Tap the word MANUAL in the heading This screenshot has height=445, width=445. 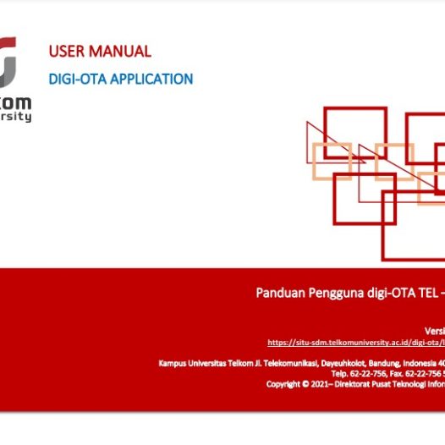(x=121, y=52)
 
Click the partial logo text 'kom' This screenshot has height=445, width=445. (x=18, y=101)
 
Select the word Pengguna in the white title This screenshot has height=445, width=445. (x=332, y=294)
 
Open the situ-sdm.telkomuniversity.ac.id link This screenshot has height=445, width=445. (x=355, y=343)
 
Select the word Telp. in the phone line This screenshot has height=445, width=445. (x=338, y=373)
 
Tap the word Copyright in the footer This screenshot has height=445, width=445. (x=282, y=383)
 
